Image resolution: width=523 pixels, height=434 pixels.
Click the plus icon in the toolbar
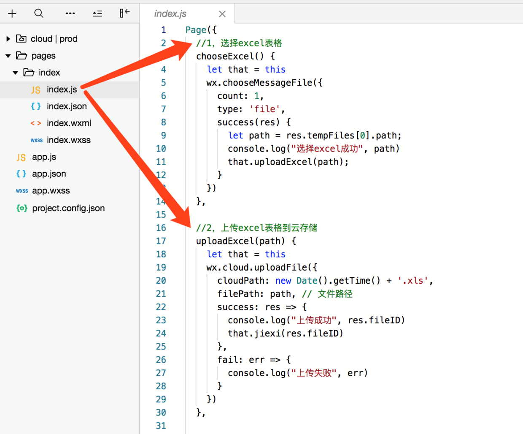pyautogui.click(x=12, y=14)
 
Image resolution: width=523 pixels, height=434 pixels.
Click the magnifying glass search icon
pyautogui.click(x=39, y=14)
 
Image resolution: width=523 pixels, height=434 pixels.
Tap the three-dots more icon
pyautogui.click(x=70, y=14)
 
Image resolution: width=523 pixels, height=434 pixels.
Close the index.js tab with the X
pyautogui.click(x=222, y=14)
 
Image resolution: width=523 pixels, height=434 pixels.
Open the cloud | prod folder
pyautogui.click(x=54, y=39)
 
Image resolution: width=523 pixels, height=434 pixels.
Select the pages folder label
pyautogui.click(x=43, y=56)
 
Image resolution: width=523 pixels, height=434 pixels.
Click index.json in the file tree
pyautogui.click(x=67, y=106)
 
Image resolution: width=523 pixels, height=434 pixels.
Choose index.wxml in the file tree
pyautogui.click(x=69, y=123)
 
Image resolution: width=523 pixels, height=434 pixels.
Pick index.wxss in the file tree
pyautogui.click(x=68, y=140)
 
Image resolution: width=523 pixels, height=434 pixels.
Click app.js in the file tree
pyautogui.click(x=44, y=157)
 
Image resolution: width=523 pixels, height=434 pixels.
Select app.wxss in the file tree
pyautogui.click(x=51, y=191)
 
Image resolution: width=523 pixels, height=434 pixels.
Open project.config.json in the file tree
pyautogui.click(x=68, y=208)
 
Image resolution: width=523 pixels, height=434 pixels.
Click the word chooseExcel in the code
pyautogui.click(x=225, y=56)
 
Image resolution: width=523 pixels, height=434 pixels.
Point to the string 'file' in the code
pyautogui.click(x=264, y=109)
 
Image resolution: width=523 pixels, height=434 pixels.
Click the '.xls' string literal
pyautogui.click(x=412, y=281)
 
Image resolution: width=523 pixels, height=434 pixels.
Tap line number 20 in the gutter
pyautogui.click(x=161, y=281)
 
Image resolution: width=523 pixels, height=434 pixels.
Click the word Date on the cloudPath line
pyautogui.click(x=307, y=281)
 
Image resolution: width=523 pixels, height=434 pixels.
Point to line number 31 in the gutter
pyautogui.click(x=161, y=426)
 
